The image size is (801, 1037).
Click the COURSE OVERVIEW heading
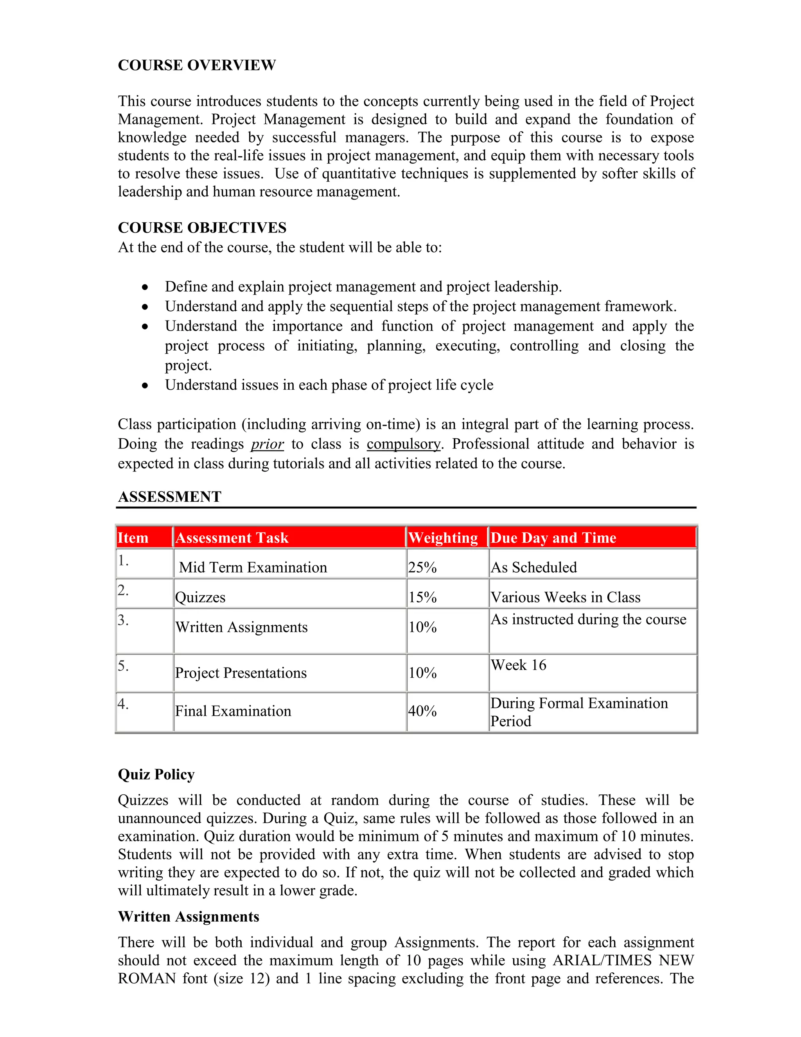coord(196,65)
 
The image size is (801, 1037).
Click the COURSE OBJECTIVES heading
coord(202,228)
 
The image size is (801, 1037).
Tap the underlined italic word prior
coord(267,444)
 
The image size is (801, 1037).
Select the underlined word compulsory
coord(404,444)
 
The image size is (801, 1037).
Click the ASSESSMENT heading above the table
coord(169,497)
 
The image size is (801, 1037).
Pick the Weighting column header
coord(443,538)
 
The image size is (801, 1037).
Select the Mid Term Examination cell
coord(253,567)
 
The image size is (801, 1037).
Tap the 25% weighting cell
coord(422,567)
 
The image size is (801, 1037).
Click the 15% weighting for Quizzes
coord(422,597)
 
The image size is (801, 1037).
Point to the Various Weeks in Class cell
coord(565,597)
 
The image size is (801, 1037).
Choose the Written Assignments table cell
coord(241,627)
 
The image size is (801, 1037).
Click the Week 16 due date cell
coord(518,665)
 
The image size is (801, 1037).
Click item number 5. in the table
coord(123,666)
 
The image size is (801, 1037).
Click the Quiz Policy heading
coord(156,774)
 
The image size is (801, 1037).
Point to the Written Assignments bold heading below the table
coord(189,916)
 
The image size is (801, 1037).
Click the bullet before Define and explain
coord(145,287)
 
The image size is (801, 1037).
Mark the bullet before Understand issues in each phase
coord(145,385)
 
